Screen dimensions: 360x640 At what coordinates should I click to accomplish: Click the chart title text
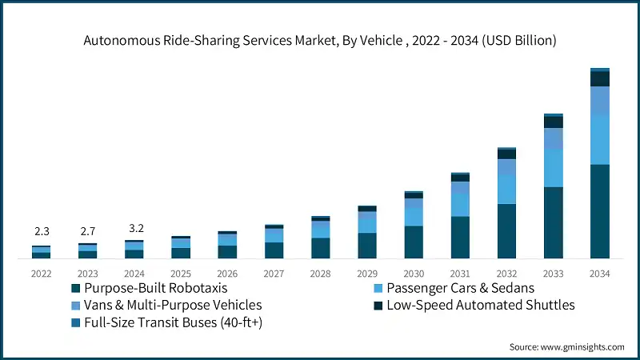(x=320, y=38)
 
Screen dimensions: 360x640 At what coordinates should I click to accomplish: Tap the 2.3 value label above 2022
(x=42, y=232)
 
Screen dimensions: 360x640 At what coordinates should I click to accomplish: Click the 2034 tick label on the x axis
(x=599, y=273)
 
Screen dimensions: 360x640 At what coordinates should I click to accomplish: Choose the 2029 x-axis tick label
(x=367, y=273)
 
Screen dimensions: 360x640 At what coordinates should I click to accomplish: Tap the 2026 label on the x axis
(x=227, y=273)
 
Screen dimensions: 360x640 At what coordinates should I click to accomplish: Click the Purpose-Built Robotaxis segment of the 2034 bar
(x=599, y=211)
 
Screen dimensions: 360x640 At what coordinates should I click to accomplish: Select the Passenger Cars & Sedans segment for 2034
(x=599, y=139)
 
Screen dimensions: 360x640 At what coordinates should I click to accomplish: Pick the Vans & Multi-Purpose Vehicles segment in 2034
(x=599, y=100)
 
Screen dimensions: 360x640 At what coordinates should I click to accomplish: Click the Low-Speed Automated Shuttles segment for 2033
(x=553, y=122)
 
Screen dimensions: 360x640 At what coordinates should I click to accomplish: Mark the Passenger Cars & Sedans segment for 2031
(x=460, y=205)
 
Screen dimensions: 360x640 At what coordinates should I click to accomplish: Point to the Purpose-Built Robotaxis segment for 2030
(x=414, y=242)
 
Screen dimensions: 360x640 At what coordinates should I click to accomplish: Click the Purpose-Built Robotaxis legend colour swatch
(x=76, y=287)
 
